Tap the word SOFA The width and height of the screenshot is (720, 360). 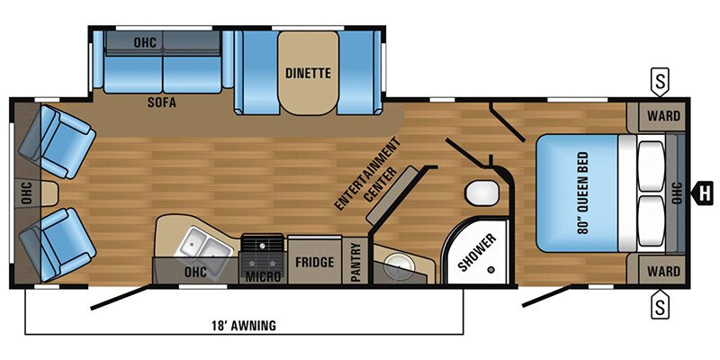click(162, 103)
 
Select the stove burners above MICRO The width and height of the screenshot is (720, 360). click(263, 245)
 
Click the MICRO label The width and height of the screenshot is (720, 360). click(263, 274)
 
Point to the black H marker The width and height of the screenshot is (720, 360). click(705, 191)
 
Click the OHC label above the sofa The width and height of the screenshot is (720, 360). click(145, 41)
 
